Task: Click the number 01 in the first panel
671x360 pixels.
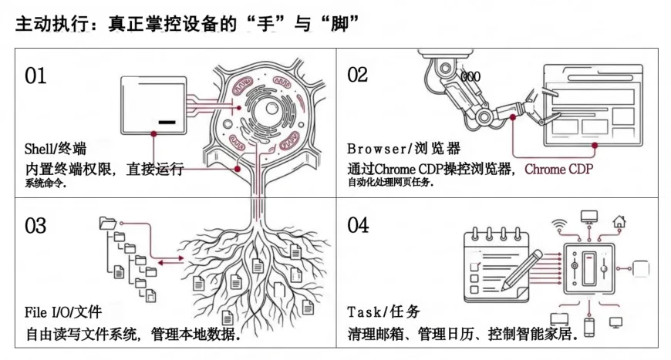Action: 35,76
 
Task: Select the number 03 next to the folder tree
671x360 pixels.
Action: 35,226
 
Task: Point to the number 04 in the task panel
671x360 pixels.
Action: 358,226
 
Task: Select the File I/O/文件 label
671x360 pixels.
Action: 63,313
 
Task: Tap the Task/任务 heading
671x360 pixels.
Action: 383,313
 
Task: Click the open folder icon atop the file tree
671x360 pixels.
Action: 107,224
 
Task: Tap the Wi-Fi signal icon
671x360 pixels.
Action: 560,226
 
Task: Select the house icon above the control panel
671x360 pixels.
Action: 619,223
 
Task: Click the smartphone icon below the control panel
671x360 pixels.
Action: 588,327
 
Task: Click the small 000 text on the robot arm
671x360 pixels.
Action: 470,77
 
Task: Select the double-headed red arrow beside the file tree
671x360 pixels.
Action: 165,262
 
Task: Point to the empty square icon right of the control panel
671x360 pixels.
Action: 641,269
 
